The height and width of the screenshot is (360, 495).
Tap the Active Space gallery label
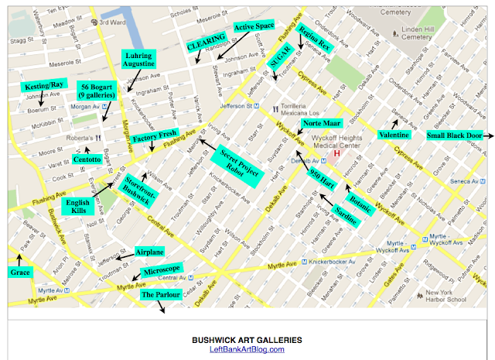click(x=254, y=27)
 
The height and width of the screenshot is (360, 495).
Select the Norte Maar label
click(x=321, y=122)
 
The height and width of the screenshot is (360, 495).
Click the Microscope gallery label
click(x=162, y=269)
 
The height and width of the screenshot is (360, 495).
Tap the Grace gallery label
click(x=19, y=272)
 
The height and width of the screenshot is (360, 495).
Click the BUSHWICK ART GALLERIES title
click(x=247, y=339)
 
